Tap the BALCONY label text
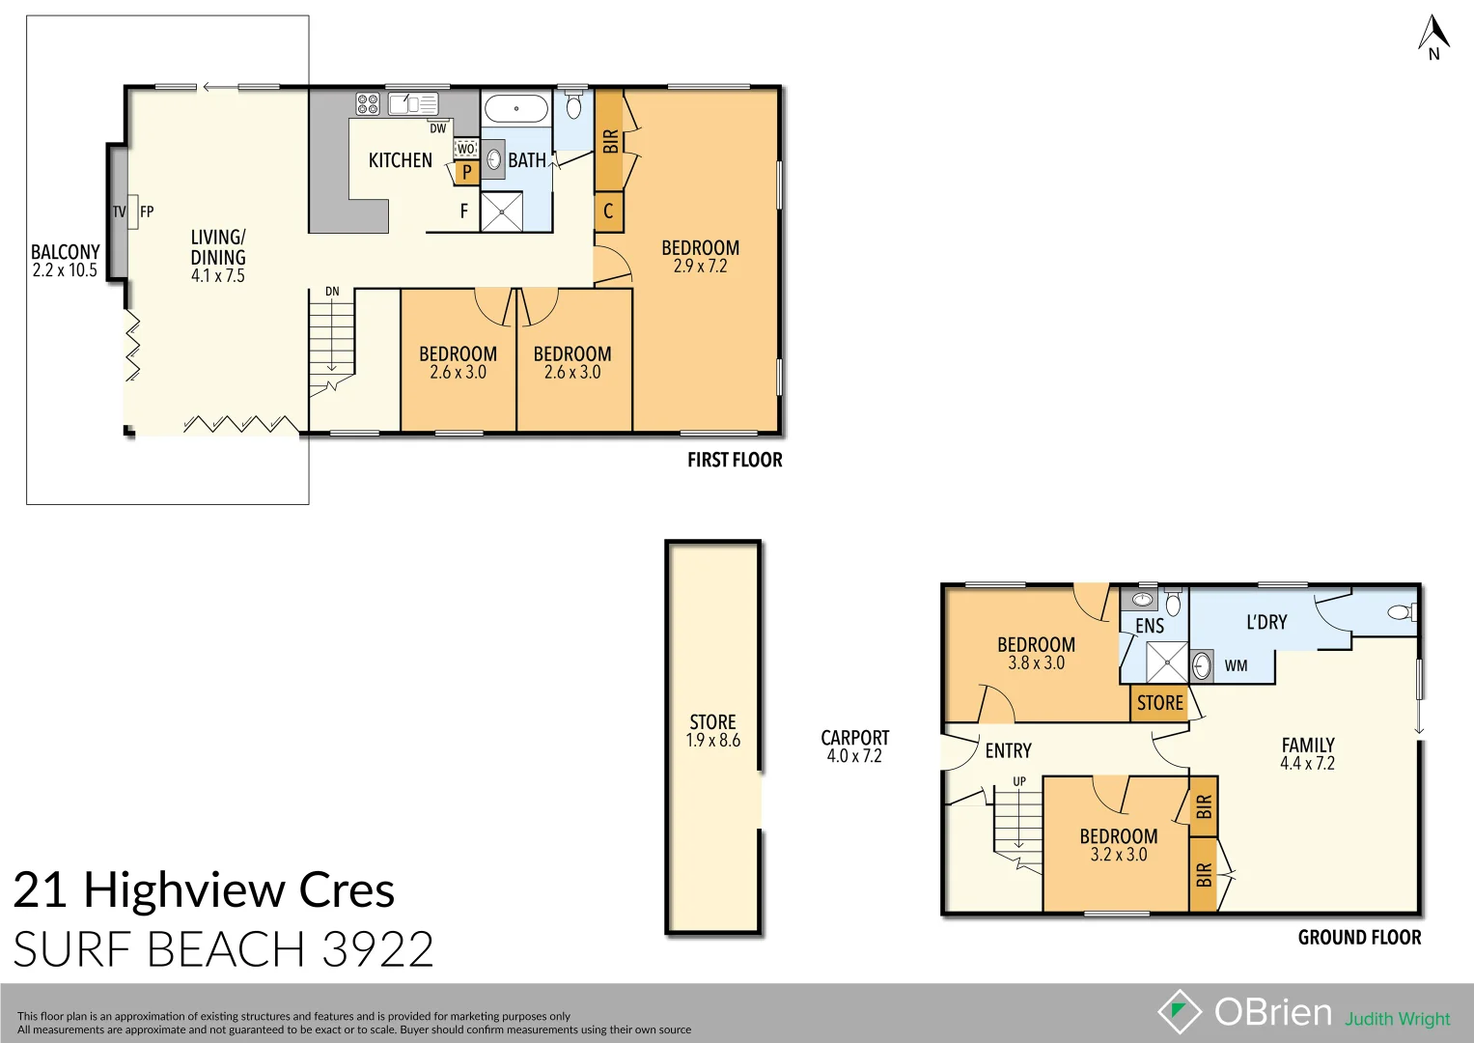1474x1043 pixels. click(x=65, y=252)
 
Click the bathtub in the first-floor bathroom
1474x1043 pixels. click(x=516, y=108)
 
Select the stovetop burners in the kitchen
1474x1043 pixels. click(x=367, y=103)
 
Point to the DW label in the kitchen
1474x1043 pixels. click(x=438, y=128)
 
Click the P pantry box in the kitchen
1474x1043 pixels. click(x=467, y=173)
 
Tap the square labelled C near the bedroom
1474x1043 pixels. click(x=608, y=211)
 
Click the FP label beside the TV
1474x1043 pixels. click(x=147, y=211)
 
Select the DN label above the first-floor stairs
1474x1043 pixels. click(x=332, y=291)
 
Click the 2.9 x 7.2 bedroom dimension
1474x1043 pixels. click(x=700, y=267)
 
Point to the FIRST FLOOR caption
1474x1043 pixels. click(x=735, y=460)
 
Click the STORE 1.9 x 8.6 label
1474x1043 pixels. click(x=713, y=731)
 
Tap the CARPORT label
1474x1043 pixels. click(x=854, y=738)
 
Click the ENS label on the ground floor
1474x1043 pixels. click(x=1150, y=626)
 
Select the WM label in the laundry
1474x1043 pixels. click(x=1236, y=665)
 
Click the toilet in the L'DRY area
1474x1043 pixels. click(x=1399, y=611)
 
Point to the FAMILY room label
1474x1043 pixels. click(x=1308, y=745)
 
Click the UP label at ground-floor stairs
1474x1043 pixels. click(x=1019, y=781)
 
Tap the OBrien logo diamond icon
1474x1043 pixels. click(x=1179, y=1011)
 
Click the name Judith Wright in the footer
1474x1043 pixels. click(x=1397, y=1019)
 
